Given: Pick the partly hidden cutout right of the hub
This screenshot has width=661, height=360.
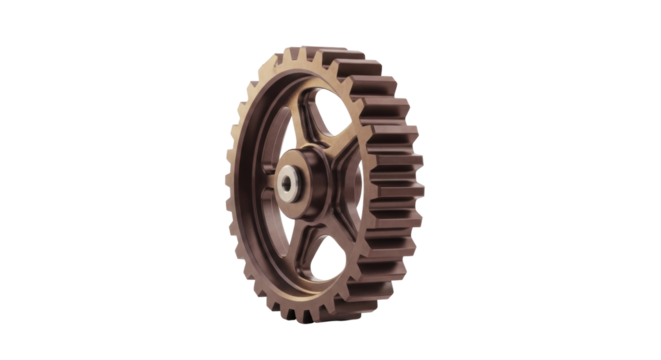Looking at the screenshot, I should [349, 180].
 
